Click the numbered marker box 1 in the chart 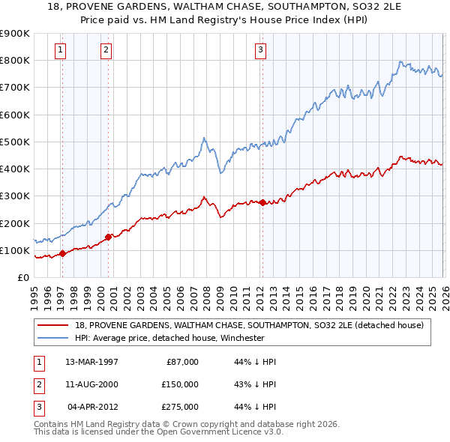[x=60, y=50]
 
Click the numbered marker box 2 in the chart [x=106, y=50]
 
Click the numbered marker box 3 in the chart [x=260, y=50]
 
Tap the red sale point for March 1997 [x=62, y=253]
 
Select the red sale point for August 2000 [x=108, y=237]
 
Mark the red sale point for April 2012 [x=262, y=202]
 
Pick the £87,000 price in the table [x=181, y=362]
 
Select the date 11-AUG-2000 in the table [x=91, y=384]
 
